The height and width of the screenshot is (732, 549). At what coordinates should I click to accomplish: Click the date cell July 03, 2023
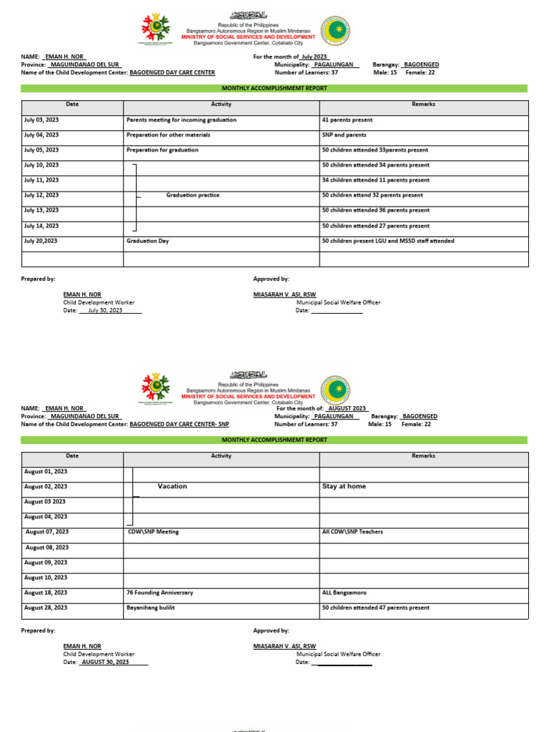click(41, 120)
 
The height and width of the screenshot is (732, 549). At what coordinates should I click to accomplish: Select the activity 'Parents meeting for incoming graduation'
click(181, 120)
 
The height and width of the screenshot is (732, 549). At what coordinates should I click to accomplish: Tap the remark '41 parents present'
click(347, 120)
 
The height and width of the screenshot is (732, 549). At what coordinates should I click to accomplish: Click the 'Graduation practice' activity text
click(192, 195)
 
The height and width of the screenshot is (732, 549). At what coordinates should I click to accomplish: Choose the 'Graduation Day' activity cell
click(147, 241)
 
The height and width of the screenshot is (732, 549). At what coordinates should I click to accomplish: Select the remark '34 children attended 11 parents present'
click(376, 180)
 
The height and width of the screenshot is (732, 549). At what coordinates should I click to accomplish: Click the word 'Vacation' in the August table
click(172, 486)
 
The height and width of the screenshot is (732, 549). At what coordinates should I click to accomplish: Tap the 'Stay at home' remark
click(344, 486)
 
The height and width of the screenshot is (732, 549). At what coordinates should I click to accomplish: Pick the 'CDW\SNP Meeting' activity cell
click(152, 532)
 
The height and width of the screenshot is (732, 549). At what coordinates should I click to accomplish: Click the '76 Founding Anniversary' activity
click(159, 593)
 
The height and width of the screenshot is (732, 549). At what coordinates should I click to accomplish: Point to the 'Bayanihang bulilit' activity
click(150, 608)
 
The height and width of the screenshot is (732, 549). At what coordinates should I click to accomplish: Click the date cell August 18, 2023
click(46, 593)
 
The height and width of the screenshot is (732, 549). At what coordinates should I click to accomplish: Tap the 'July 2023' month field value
click(314, 56)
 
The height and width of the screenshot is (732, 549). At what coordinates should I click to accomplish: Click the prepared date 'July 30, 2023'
click(105, 310)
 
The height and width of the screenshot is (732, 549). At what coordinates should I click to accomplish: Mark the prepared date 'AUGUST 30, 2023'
click(105, 662)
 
